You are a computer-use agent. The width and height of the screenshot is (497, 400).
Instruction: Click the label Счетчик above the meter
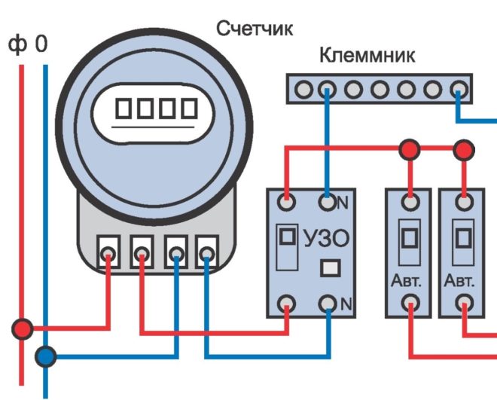255,29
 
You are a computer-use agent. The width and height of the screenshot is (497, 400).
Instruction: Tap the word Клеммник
367,56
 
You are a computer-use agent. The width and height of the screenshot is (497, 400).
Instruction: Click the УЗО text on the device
326,240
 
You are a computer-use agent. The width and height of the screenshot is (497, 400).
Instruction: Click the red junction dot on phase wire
23,329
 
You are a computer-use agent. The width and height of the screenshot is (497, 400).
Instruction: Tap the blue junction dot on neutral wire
47,356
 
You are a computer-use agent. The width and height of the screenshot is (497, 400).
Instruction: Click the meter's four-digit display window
154,109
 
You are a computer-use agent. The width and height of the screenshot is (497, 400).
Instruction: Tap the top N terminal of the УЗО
327,202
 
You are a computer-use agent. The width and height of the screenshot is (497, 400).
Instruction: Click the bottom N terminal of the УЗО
327,304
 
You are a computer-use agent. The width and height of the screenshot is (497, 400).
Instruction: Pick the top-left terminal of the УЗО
287,202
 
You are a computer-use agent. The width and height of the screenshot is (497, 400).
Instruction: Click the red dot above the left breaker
409,149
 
